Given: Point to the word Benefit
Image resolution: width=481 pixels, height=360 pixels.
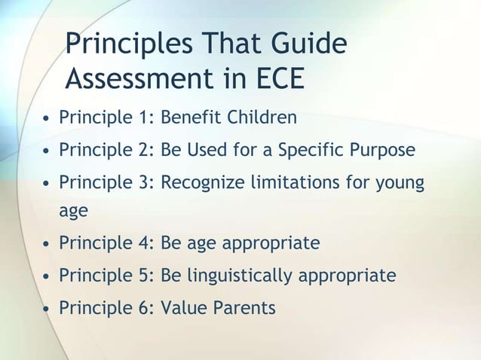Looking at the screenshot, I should tap(190, 118).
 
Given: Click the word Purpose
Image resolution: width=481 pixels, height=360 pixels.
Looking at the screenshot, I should tap(383, 150).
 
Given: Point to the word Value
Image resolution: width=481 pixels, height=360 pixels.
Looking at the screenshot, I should tap(182, 307).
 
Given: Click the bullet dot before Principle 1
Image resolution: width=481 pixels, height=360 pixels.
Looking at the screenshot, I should tap(47, 119).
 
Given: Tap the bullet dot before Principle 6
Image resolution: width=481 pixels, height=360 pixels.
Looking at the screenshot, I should tap(47, 308).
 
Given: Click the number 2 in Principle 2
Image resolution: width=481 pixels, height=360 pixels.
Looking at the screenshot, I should tap(146, 150).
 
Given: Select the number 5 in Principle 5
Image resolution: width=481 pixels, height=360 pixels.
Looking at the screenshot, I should tap(146, 276).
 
